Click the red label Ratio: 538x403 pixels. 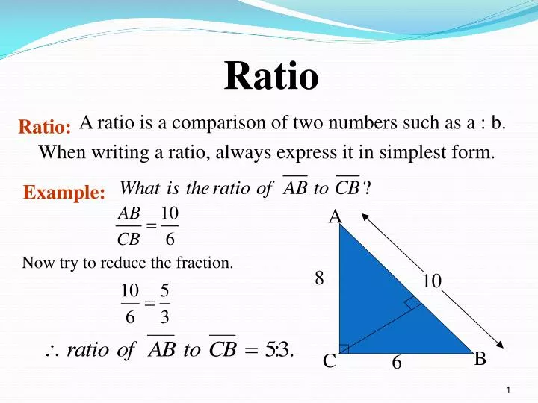(45, 128)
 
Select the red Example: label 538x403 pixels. (64, 193)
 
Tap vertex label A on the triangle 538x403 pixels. (336, 217)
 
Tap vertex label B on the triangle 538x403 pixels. (480, 359)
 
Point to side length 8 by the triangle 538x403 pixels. (319, 278)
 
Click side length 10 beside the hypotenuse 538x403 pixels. (432, 281)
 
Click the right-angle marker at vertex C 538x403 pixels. (344, 349)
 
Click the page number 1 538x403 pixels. (507, 392)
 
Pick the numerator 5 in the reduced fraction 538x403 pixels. (164, 290)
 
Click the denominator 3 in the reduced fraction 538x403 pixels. (164, 317)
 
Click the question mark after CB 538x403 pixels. (367, 187)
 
